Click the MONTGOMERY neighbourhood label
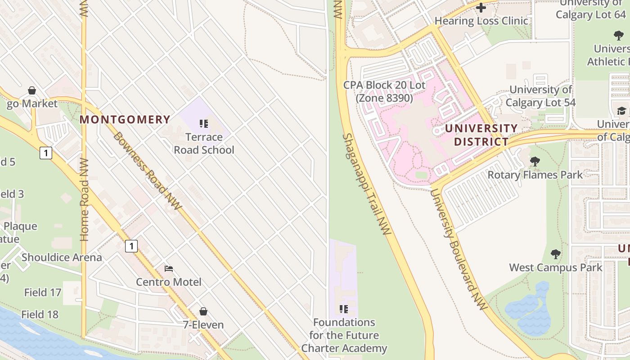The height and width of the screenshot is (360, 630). tap(125, 120)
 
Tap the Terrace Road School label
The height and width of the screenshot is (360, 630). tap(204, 143)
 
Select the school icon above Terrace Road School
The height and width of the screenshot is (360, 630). tap(204, 123)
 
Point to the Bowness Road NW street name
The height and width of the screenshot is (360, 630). tap(147, 171)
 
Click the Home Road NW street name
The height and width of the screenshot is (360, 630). tap(84, 200)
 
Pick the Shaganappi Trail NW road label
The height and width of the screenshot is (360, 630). tap(367, 184)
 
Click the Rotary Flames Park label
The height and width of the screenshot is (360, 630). tap(535, 174)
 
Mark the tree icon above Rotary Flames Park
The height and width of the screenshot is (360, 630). tap(535, 161)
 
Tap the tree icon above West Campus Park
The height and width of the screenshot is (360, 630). tap(556, 254)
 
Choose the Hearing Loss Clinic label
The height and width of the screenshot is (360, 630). tap(481, 21)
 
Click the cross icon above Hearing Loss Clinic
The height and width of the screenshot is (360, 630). tap(481, 8)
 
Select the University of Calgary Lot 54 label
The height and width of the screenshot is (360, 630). tap(540, 96)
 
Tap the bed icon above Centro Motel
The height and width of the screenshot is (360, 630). tap(169, 269)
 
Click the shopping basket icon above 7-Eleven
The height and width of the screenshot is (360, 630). tap(203, 311)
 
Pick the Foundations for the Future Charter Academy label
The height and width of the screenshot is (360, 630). tap(344, 335)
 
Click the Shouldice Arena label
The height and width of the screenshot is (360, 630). tap(62, 257)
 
